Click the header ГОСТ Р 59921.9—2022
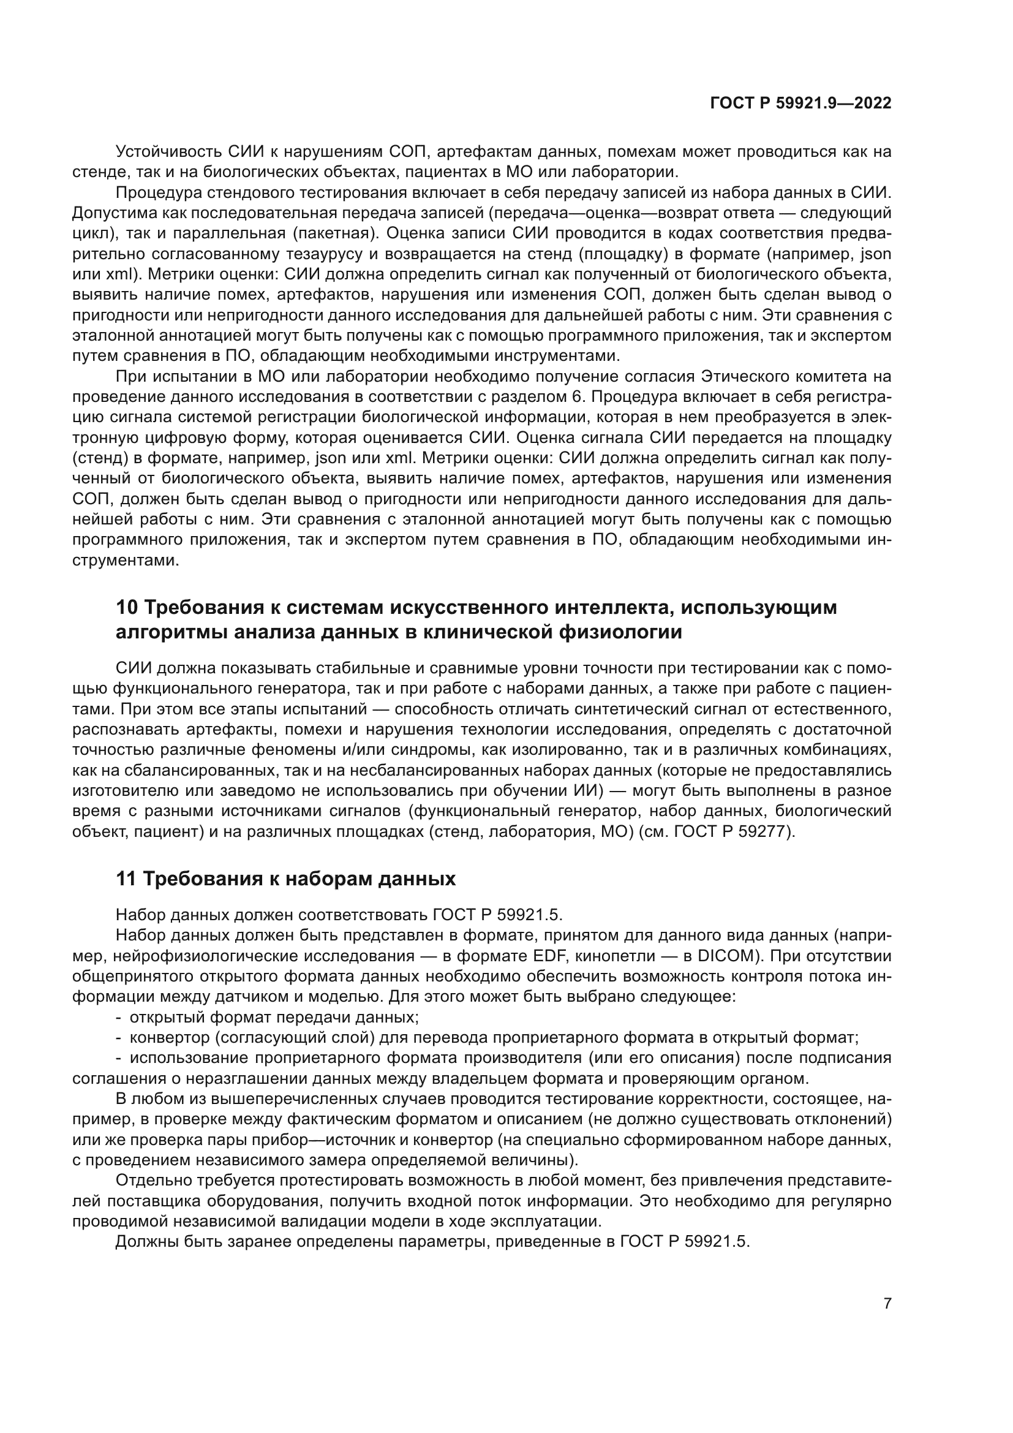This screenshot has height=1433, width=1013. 800,104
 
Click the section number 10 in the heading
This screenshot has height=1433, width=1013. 127,607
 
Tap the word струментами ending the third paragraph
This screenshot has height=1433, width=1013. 125,560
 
